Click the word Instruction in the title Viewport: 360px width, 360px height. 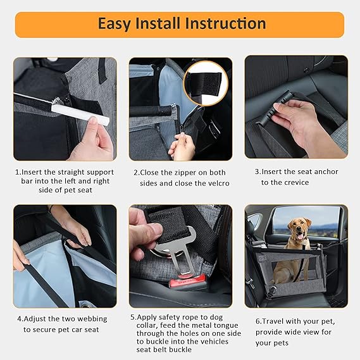(226, 24)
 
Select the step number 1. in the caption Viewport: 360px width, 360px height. (18, 172)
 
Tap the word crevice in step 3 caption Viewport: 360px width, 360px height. (294, 182)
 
